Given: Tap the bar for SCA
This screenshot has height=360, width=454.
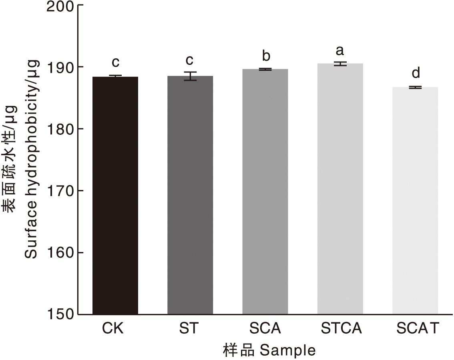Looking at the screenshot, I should click(265, 192).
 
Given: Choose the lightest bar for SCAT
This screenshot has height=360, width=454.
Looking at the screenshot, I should click(415, 200).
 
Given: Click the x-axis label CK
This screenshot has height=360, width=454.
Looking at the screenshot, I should click(112, 329).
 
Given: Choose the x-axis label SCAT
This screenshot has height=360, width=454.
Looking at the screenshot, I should click(418, 329).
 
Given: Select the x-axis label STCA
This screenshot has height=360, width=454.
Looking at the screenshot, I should click(341, 329).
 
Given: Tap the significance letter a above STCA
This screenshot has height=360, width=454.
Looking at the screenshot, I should click(340, 51).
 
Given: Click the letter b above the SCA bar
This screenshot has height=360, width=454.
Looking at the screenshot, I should click(265, 56).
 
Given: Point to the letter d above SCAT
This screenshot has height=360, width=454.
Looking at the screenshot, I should click(416, 73).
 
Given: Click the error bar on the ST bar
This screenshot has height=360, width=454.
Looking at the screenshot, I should click(190, 76).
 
